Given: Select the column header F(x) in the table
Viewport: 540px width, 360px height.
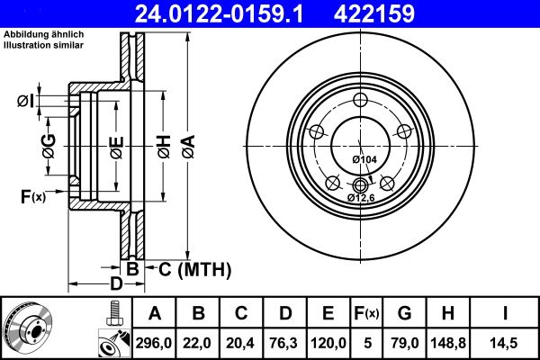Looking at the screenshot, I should click(x=366, y=313).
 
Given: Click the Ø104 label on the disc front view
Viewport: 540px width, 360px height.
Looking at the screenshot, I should click(x=364, y=159).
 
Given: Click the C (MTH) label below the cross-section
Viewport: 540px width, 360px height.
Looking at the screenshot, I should click(x=195, y=269).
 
